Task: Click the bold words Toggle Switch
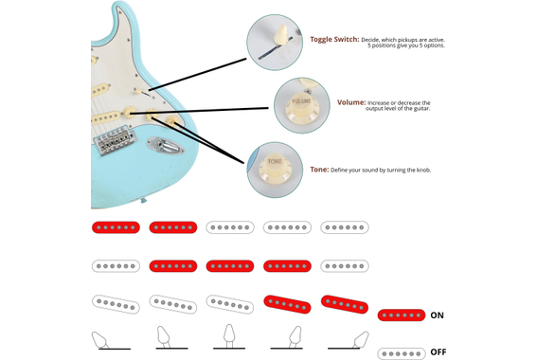coord(334,40)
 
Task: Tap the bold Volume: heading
coord(350,102)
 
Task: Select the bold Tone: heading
coord(318,169)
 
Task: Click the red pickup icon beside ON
coord(401,315)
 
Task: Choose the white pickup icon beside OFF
coord(401,353)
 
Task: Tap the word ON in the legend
coord(438,315)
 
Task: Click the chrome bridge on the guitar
coord(114,141)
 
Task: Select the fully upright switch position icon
coord(228,336)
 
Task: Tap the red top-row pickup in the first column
coord(116,227)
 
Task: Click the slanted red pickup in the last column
coord(344,304)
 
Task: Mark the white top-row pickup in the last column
coord(345,227)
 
